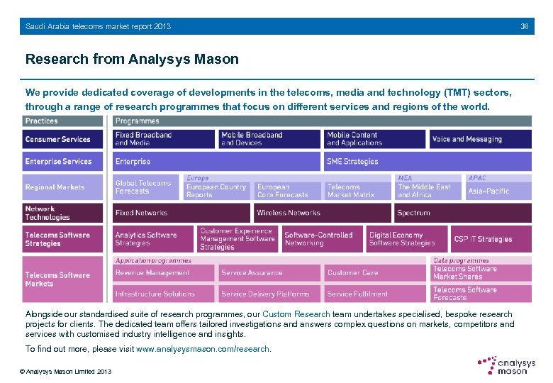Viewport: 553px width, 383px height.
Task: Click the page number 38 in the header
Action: [x=524, y=26]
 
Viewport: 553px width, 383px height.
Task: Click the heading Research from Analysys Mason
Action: [x=132, y=60]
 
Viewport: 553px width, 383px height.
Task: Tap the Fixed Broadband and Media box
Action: [x=164, y=139]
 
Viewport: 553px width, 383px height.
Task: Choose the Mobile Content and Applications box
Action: [x=375, y=139]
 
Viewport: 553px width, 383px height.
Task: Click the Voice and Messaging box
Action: [x=480, y=140]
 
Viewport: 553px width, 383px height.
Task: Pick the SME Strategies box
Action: [x=428, y=162]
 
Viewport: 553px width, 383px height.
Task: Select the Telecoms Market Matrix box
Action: [x=357, y=191]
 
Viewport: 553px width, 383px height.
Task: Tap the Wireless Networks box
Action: [x=322, y=213]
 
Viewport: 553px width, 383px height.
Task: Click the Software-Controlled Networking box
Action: [x=323, y=239]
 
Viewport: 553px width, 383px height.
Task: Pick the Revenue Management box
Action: [x=164, y=273]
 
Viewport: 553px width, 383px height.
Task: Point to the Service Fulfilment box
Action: [x=375, y=294]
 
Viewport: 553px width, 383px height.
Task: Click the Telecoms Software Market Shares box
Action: [x=481, y=272]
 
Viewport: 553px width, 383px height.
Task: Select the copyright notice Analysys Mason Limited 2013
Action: [x=65, y=372]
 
